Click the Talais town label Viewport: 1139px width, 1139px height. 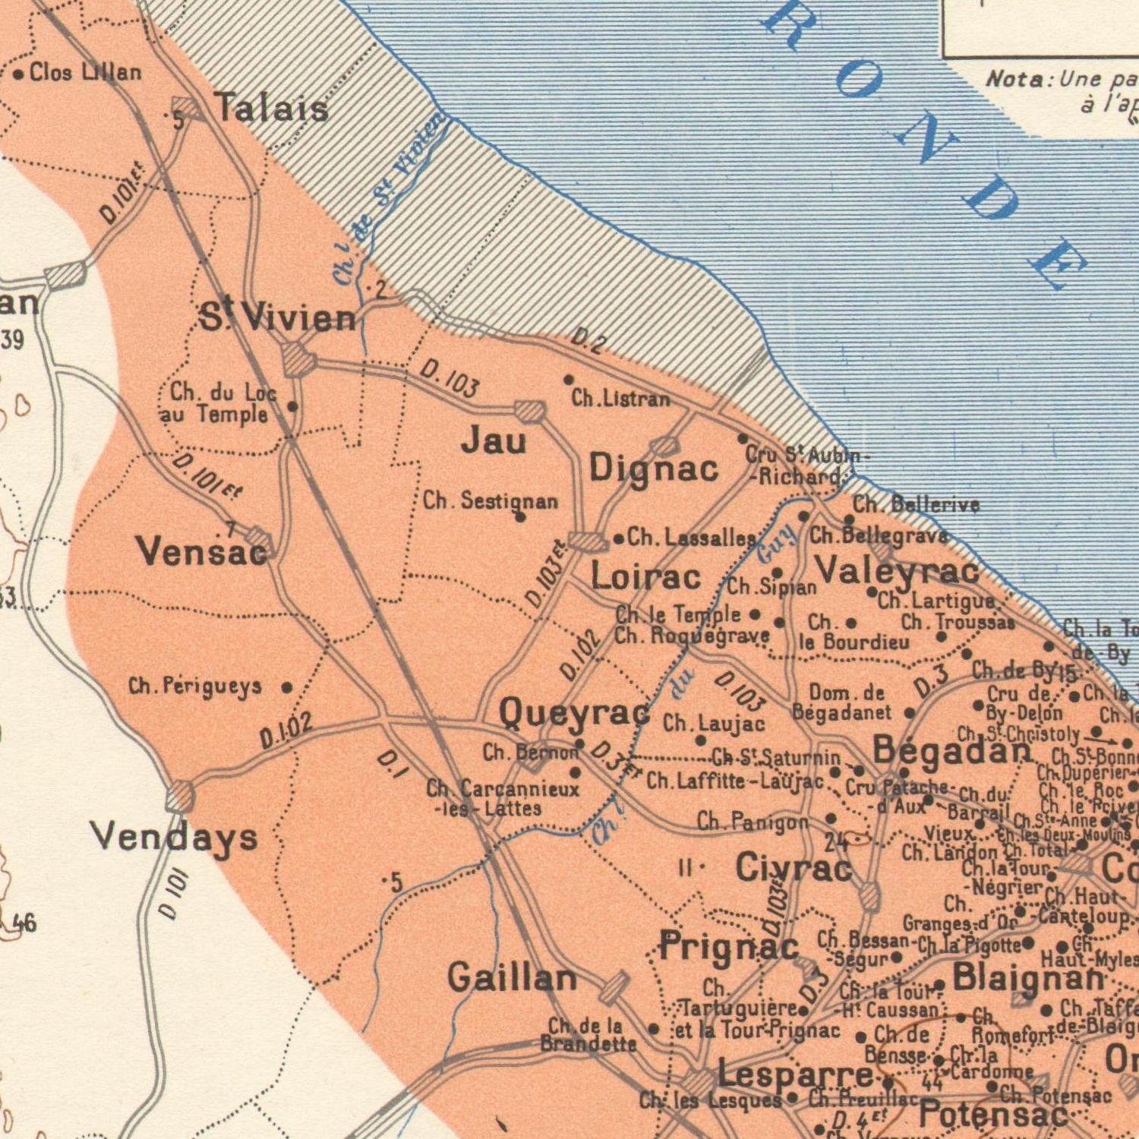click(x=271, y=107)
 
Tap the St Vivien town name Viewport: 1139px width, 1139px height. click(x=278, y=317)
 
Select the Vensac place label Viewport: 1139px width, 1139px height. click(x=202, y=552)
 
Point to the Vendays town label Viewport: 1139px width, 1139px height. click(x=175, y=837)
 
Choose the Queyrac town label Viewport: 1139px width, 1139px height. click(x=575, y=713)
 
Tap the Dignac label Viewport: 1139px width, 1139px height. click(x=654, y=468)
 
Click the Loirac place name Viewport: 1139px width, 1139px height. click(x=646, y=577)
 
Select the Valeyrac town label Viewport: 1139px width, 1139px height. click(x=897, y=570)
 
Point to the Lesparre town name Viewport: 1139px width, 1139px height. click(x=795, y=1075)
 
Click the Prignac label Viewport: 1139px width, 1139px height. click(x=729, y=946)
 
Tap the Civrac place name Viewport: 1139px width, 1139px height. click(x=794, y=867)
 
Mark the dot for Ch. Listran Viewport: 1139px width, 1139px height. click(x=568, y=379)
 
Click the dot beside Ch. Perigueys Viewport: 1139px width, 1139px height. click(x=287, y=688)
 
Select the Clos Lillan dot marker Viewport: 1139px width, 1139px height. click(x=18, y=74)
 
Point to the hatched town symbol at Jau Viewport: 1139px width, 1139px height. click(x=530, y=412)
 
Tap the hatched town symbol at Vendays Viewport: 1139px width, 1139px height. click(x=180, y=797)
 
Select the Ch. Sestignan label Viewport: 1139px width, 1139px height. click(x=491, y=501)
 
